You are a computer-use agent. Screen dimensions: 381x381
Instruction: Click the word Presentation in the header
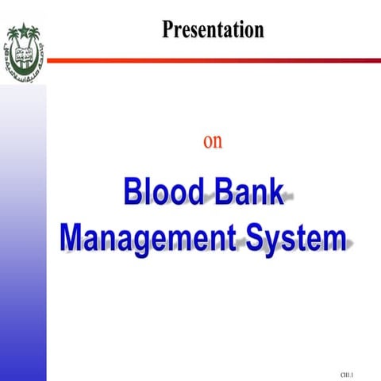pyautogui.click(x=213, y=30)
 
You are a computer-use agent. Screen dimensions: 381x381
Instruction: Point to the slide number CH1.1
pyautogui.click(x=347, y=373)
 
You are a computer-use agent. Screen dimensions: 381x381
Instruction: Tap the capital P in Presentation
pyautogui.click(x=168, y=30)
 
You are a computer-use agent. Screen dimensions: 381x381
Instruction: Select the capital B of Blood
pyautogui.click(x=133, y=194)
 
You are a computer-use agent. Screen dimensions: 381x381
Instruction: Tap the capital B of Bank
pyautogui.click(x=221, y=194)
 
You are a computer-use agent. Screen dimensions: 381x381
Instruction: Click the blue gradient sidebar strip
pyautogui.click(x=22, y=238)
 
